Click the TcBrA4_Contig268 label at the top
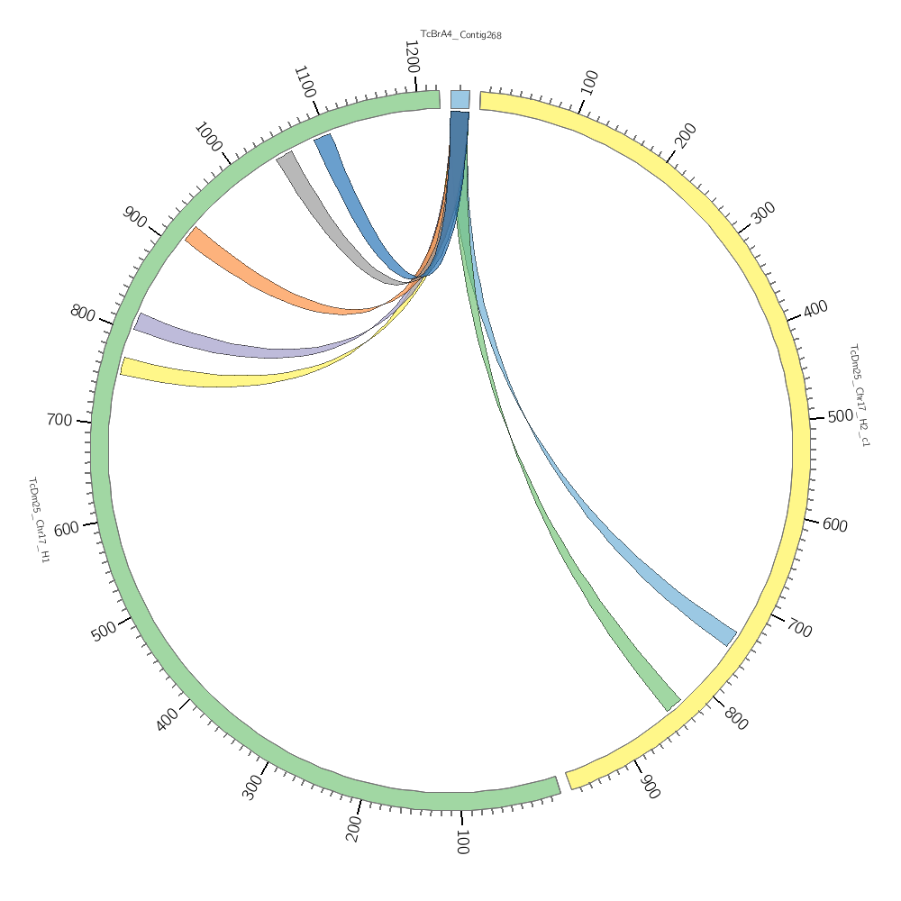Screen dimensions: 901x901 click(460, 35)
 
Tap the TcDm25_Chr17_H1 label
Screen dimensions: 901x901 click(39, 520)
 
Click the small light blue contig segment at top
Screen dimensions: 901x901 click(460, 99)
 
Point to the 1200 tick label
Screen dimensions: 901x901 click(412, 57)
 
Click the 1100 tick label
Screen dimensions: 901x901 click(305, 83)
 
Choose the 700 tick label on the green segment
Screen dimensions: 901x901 click(59, 420)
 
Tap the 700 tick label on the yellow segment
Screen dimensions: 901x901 click(798, 627)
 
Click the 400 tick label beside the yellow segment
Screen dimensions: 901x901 click(815, 308)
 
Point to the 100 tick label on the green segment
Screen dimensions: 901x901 click(461, 842)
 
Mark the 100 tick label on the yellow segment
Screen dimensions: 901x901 click(590, 83)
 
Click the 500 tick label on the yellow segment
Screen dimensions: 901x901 click(840, 416)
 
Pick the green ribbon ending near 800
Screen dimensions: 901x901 click(595, 604)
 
